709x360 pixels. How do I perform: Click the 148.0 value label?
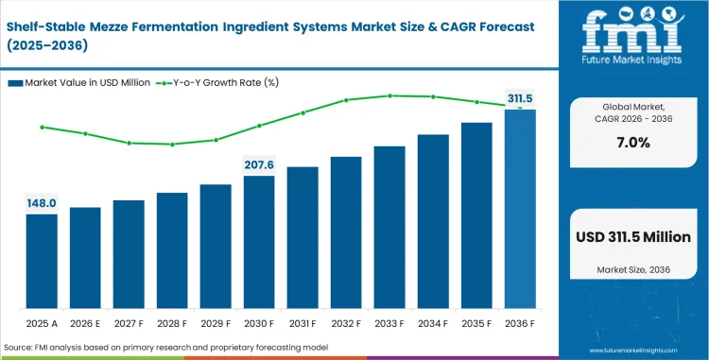pyautogui.click(x=42, y=202)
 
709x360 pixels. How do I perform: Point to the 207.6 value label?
pyautogui.click(x=259, y=164)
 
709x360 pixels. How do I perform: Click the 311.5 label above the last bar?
pyautogui.click(x=520, y=98)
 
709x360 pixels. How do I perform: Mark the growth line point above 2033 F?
pyautogui.click(x=389, y=95)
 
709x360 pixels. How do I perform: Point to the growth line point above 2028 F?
pyautogui.click(x=172, y=145)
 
